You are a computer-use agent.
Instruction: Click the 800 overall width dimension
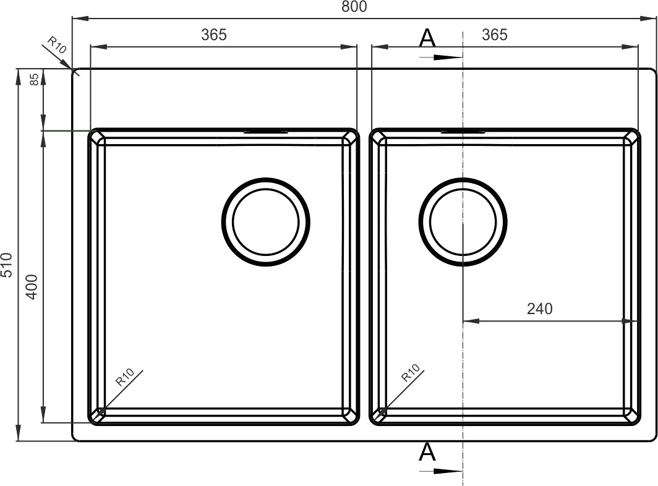(354, 7)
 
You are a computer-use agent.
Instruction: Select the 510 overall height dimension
(7, 265)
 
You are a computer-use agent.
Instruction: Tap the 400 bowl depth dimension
(32, 287)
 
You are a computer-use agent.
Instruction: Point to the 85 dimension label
(35, 79)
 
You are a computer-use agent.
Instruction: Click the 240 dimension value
(540, 309)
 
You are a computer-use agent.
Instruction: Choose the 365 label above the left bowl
(213, 35)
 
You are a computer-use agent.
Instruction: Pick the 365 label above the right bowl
(495, 35)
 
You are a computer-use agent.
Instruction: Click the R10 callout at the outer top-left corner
(57, 45)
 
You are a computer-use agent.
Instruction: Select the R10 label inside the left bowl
(125, 377)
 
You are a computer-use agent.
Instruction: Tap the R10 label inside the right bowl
(411, 373)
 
